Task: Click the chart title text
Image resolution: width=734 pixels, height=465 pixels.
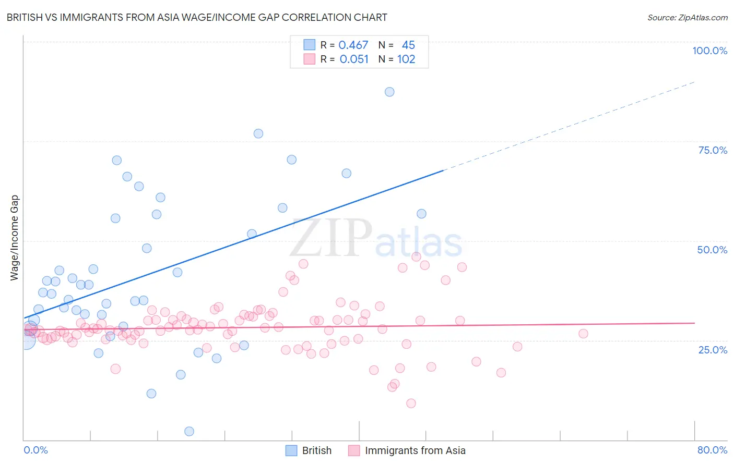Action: (197, 17)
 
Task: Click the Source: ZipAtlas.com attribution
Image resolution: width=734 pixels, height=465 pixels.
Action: (687, 17)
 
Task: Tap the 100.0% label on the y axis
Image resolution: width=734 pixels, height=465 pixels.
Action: (709, 51)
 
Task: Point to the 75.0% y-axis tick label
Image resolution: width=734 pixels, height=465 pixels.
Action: (713, 150)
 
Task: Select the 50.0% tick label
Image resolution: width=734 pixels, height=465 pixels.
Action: (712, 250)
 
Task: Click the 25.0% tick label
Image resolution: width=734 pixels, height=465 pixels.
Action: (713, 349)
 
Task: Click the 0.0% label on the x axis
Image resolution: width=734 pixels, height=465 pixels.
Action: (35, 450)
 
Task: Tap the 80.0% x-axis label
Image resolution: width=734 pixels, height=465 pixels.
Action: (712, 450)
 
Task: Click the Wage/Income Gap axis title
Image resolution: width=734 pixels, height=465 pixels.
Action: (15, 238)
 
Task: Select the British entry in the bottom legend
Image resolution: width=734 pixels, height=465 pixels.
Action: (316, 450)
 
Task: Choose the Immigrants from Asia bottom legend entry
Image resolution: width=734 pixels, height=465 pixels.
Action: (415, 450)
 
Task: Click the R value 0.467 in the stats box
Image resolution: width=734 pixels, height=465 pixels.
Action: (353, 45)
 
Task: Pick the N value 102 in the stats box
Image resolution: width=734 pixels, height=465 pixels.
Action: (406, 59)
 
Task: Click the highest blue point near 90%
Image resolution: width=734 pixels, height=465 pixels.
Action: (389, 92)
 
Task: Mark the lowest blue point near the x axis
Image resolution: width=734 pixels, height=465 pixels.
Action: (190, 431)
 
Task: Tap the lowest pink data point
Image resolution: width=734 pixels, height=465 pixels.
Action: (411, 403)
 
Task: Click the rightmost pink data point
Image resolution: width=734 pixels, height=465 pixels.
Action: (583, 334)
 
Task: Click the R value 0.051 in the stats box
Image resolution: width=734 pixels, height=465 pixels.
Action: (354, 59)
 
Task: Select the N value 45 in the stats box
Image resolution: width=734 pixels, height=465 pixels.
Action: (408, 45)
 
